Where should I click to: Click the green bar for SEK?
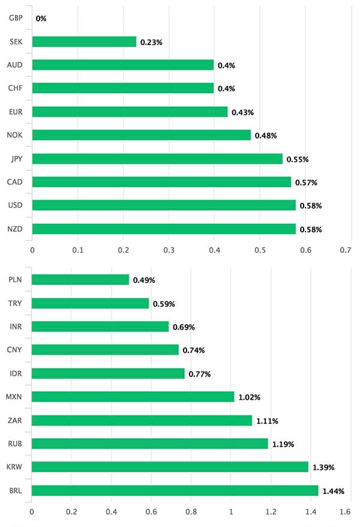tap(84, 41)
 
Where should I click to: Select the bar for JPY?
tap(157, 159)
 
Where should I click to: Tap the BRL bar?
tap(175, 491)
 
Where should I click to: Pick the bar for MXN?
tap(133, 397)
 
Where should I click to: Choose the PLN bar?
tap(80, 280)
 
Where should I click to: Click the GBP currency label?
tap(16, 18)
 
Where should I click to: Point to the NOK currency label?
tap(16, 136)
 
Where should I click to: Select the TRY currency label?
tap(16, 303)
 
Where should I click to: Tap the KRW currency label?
tap(16, 467)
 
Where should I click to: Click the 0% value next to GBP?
tap(41, 19)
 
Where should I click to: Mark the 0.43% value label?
tap(242, 112)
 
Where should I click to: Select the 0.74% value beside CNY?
tap(193, 350)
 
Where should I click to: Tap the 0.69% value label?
tap(184, 327)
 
